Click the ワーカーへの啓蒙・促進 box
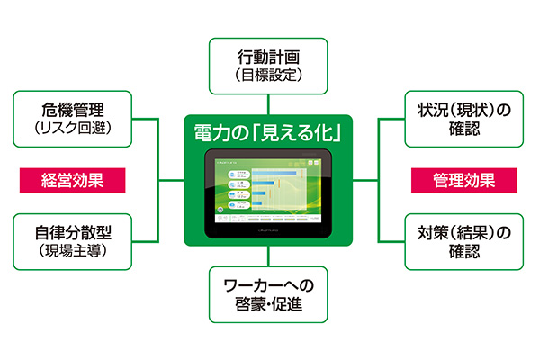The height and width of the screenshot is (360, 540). pos(270,296)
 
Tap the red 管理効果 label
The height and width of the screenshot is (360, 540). pos(464,179)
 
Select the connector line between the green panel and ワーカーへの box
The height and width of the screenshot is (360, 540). pos(270,256)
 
